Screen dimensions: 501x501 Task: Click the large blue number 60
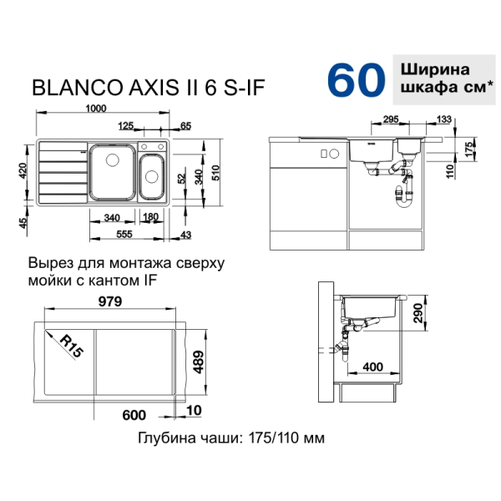pos(356,80)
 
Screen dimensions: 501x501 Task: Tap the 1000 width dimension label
pos(96,109)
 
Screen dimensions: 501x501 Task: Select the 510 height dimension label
pos(215,173)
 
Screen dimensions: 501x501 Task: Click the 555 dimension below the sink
pos(124,234)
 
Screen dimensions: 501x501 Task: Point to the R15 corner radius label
pos(72,346)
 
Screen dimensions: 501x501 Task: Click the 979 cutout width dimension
pos(110,301)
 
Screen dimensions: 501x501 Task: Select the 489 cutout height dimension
pos(198,362)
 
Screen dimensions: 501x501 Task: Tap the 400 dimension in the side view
pos(372,367)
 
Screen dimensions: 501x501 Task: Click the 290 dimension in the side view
pos(417,313)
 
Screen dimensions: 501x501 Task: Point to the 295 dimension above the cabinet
pos(391,119)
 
